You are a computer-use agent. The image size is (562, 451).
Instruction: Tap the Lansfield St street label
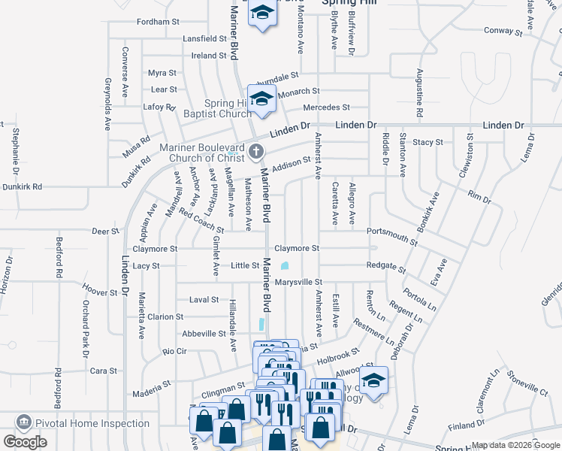coord(204,38)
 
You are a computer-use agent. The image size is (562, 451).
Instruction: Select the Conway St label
coord(503,31)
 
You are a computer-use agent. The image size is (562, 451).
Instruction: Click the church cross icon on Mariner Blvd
coord(255,152)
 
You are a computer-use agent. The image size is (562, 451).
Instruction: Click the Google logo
coord(25,442)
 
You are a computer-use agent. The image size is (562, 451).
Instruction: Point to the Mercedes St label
coord(326,107)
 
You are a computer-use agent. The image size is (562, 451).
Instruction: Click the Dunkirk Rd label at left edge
coord(22,186)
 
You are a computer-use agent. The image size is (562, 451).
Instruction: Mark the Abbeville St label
coord(205,334)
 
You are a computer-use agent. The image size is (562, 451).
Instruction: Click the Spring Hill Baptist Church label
coord(218,108)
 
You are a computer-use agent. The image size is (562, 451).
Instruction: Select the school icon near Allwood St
coord(373,381)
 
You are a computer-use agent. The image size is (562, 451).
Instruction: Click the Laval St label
coord(204,299)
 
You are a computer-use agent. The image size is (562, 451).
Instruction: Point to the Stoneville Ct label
coord(527,383)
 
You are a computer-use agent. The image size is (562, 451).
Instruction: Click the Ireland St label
coord(209,56)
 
